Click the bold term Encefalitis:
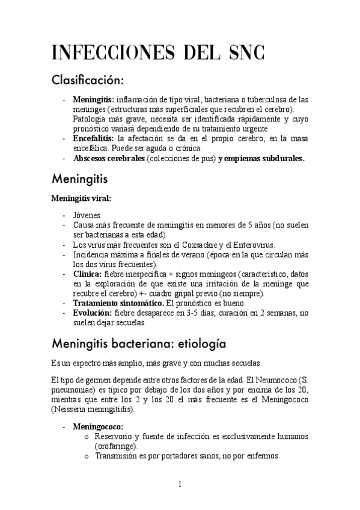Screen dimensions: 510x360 pos(94,139)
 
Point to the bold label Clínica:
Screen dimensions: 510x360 pos(87,274)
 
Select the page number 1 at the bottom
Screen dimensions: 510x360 pos(180,485)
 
